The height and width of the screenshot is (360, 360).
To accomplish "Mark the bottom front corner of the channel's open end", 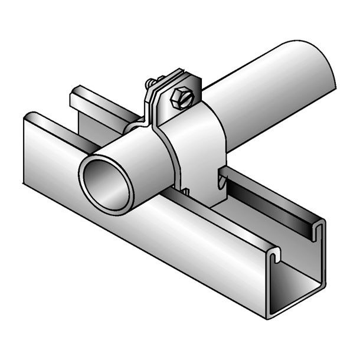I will (267, 316).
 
